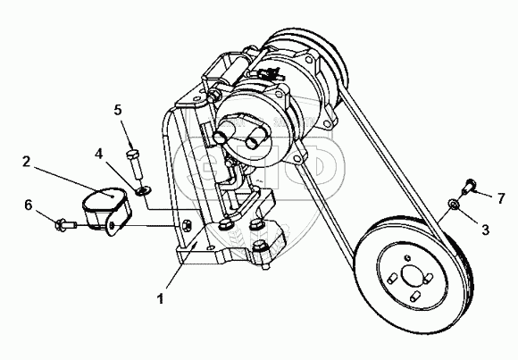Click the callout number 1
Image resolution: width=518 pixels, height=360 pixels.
pyautogui.click(x=161, y=299)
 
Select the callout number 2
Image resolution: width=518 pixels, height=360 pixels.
pyautogui.click(x=27, y=162)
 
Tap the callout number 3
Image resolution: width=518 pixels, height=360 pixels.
pyautogui.click(x=485, y=230)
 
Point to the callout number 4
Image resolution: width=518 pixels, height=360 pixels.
pyautogui.click(x=98, y=154)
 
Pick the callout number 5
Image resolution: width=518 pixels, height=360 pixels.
pyautogui.click(x=118, y=110)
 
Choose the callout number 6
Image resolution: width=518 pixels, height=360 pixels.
pyautogui.click(x=29, y=205)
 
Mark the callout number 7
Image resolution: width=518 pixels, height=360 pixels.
pyautogui.click(x=501, y=198)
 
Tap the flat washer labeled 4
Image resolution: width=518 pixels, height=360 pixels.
pyautogui.click(x=144, y=190)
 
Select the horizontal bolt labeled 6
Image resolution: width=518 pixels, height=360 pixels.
pyautogui.click(x=66, y=225)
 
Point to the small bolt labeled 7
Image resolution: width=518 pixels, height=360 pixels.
pyautogui.click(x=469, y=187)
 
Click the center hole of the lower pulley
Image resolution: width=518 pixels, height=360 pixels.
pyautogui.click(x=413, y=275)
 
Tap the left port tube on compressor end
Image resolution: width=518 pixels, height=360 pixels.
pyautogui.click(x=221, y=135)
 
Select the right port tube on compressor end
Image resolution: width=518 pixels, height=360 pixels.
pyautogui.click(x=255, y=138)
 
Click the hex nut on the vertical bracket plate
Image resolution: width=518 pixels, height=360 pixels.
pyautogui.click(x=186, y=224)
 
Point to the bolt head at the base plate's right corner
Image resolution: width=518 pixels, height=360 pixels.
pyautogui.click(x=260, y=247)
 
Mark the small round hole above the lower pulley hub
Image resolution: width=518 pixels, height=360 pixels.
pyautogui.click(x=407, y=257)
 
